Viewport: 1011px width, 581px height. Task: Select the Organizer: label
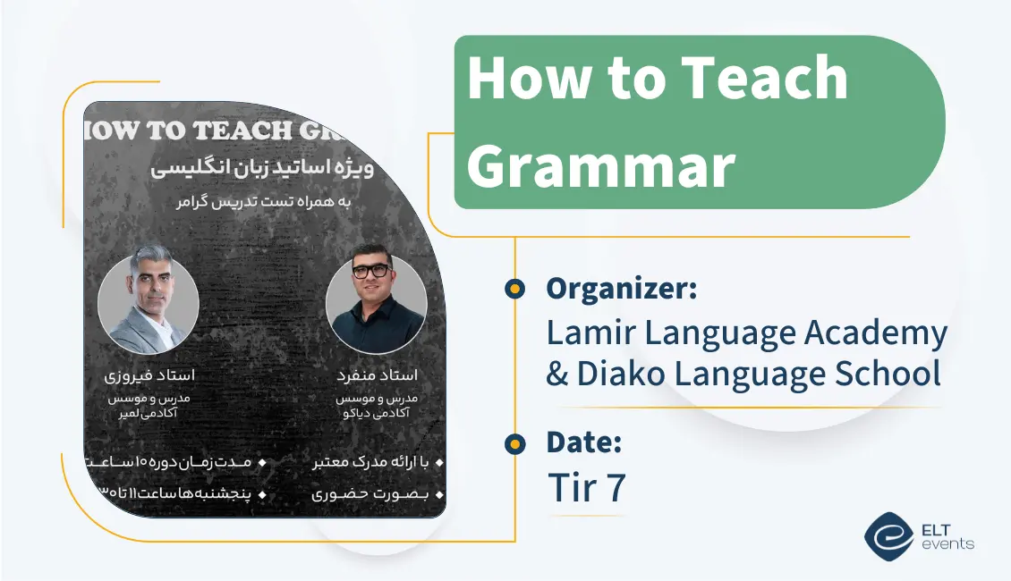[621, 289]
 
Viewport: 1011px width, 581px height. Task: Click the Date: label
[583, 442]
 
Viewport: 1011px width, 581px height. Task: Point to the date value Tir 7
[586, 488]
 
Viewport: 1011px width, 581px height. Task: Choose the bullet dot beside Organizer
[514, 288]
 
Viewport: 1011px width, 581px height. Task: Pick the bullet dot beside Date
[514, 442]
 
